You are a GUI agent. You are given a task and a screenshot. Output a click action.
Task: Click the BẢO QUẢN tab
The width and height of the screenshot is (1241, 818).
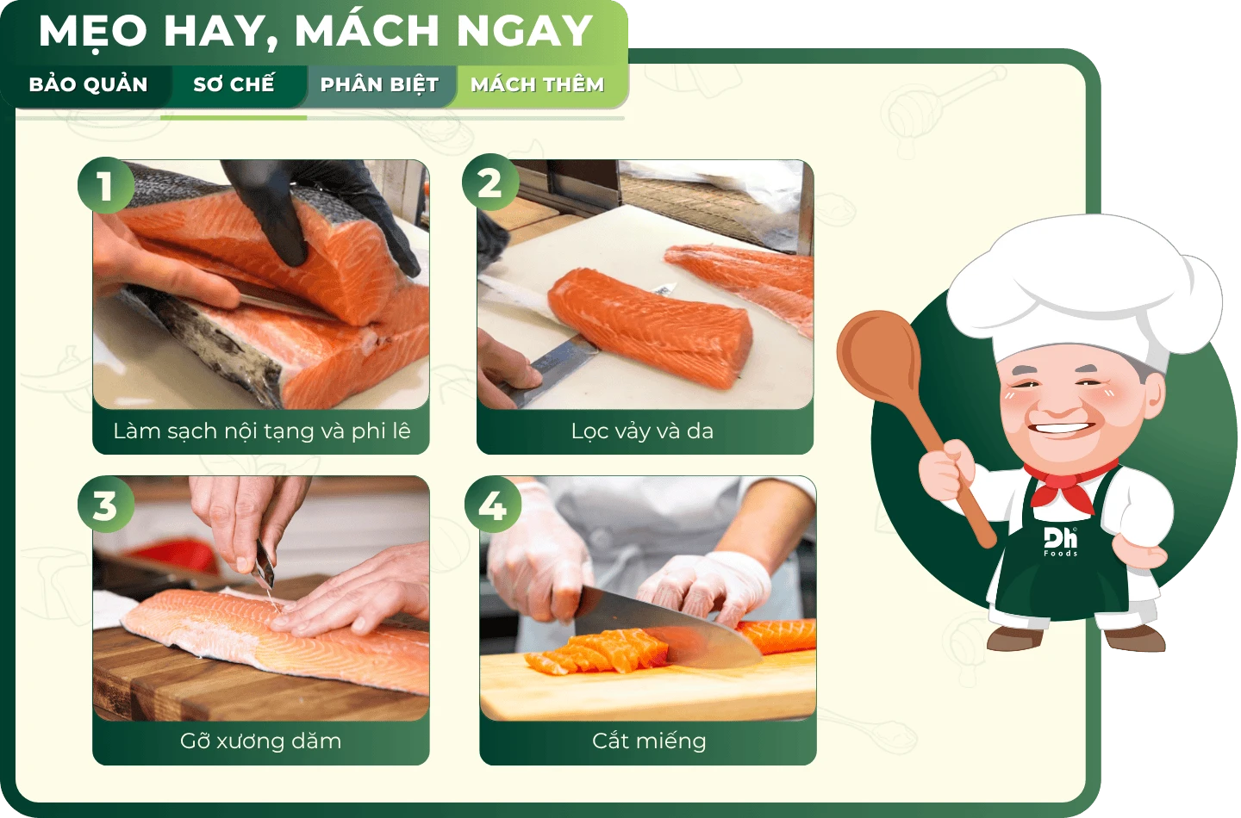click(88, 84)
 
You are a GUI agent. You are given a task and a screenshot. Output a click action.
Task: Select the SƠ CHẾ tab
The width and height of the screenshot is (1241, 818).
click(234, 84)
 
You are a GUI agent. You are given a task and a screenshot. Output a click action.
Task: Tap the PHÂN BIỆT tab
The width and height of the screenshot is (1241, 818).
click(379, 84)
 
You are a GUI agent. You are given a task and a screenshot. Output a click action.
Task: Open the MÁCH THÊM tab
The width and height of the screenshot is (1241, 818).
click(537, 84)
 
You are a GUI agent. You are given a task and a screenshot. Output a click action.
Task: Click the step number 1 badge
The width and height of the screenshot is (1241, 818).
click(106, 185)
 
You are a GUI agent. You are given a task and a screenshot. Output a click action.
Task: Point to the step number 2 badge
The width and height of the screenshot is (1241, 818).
click(490, 183)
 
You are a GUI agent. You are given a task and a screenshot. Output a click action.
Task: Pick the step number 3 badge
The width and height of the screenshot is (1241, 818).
click(106, 505)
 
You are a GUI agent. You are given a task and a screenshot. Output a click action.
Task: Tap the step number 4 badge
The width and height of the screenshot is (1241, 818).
click(493, 505)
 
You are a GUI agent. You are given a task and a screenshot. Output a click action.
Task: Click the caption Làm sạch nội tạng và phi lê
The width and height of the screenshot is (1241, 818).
click(261, 431)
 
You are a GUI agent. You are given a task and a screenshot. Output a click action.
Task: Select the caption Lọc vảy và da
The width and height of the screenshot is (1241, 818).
click(642, 431)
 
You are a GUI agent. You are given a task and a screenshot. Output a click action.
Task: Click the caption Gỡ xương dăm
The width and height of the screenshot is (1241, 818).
click(260, 741)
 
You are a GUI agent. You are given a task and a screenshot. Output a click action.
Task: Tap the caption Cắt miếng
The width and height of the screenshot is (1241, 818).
click(649, 741)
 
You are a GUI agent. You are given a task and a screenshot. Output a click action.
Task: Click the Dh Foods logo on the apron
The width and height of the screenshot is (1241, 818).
click(1060, 542)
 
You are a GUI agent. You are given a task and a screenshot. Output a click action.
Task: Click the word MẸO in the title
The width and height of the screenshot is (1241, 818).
click(93, 31)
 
